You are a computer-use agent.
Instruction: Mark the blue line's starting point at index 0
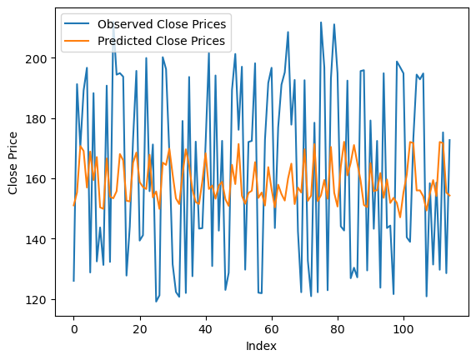(x=73, y=281)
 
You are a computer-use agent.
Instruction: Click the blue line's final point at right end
(x=450, y=140)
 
